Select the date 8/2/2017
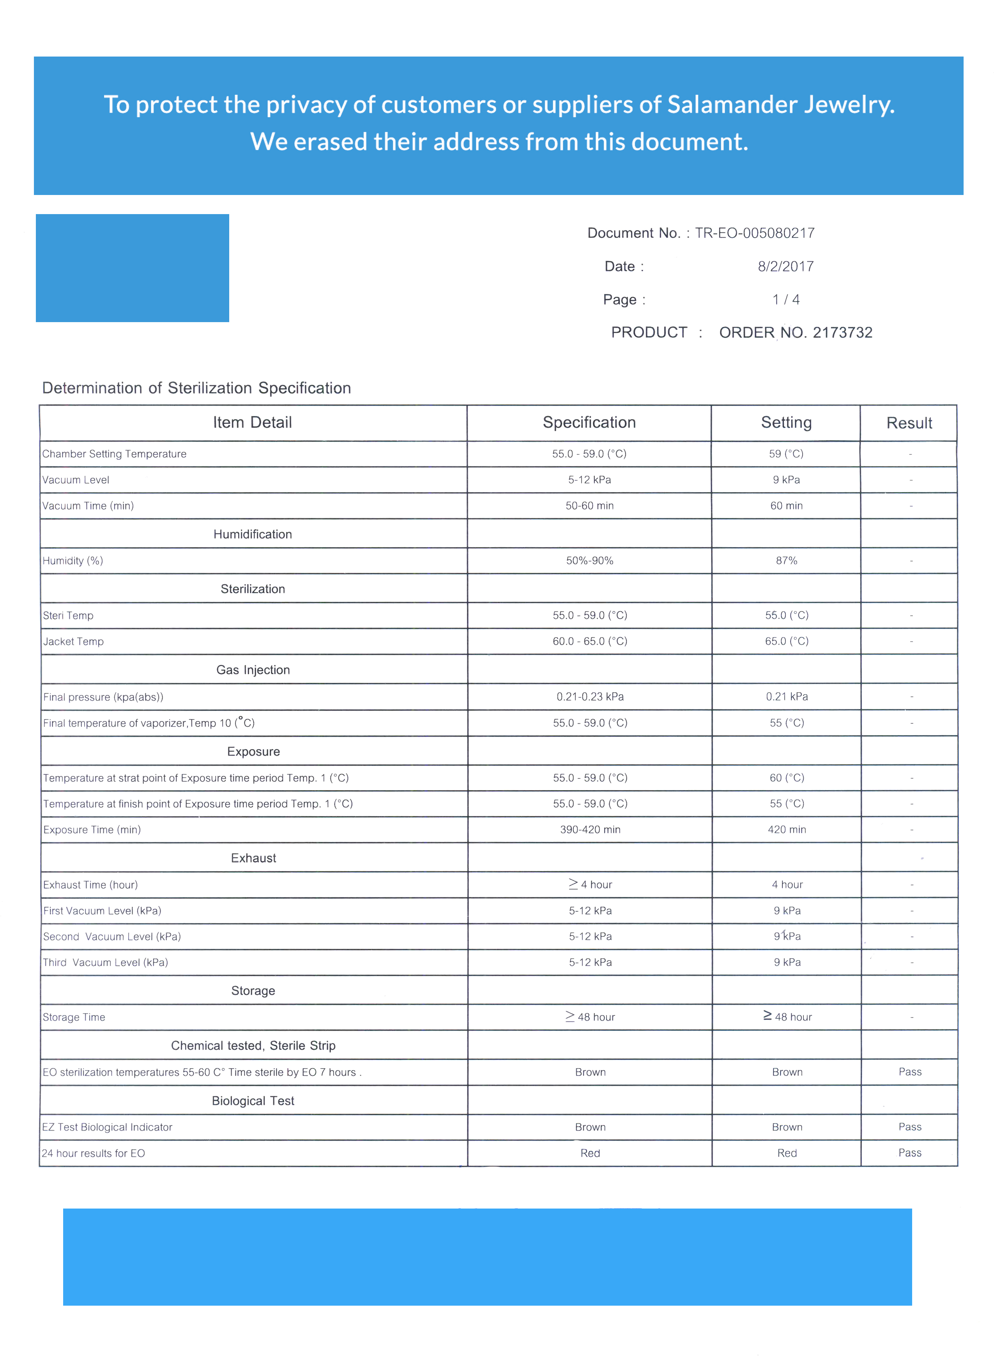pyautogui.click(x=785, y=266)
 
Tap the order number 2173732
pyautogui.click(x=842, y=333)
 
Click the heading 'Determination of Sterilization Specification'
pyautogui.click(x=196, y=388)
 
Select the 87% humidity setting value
pyautogui.click(x=786, y=560)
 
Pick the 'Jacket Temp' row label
pyautogui.click(x=73, y=642)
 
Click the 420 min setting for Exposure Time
pyautogui.click(x=786, y=829)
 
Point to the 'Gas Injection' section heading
pyautogui.click(x=253, y=670)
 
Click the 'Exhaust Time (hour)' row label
pyautogui.click(x=90, y=885)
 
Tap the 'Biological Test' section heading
pyautogui.click(x=253, y=1101)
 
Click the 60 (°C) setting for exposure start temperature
pyautogui.click(x=786, y=778)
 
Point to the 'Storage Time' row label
pyautogui.click(x=74, y=1017)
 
